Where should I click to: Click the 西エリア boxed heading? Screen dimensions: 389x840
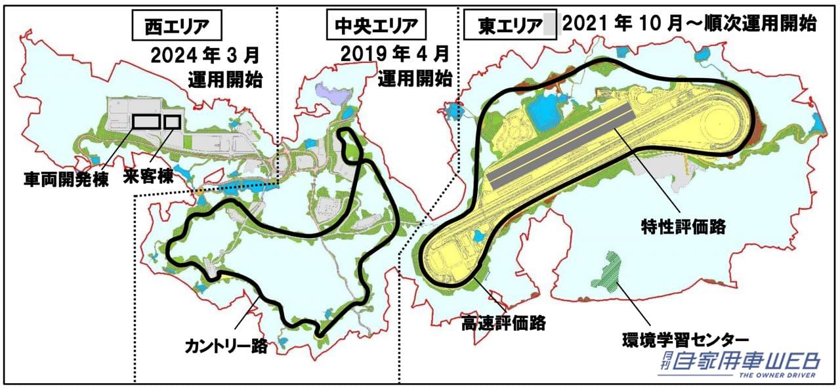tap(177, 27)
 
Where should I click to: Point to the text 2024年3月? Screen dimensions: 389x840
tap(206, 54)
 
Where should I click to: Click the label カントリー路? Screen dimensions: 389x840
tap(226, 346)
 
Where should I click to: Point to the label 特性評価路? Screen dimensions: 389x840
tap(683, 227)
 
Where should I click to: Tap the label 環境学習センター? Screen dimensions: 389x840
tap(685, 340)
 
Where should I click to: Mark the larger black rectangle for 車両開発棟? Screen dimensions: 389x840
tap(146, 122)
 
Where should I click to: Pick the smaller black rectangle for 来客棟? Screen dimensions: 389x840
tap(172, 122)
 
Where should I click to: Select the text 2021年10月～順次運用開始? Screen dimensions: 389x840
tap(689, 25)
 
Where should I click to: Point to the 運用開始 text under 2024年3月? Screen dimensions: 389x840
tap(225, 81)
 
